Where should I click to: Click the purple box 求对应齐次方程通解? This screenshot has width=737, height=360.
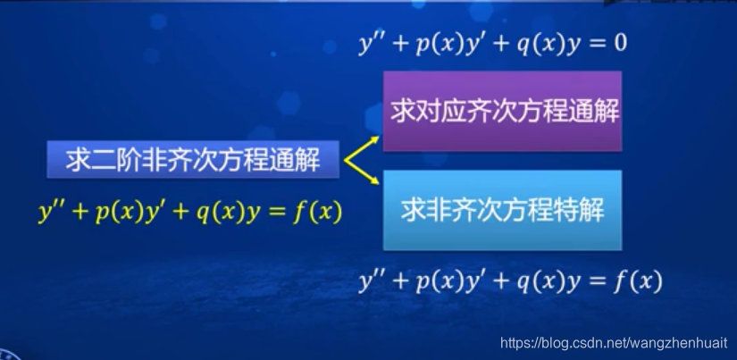tap(502, 112)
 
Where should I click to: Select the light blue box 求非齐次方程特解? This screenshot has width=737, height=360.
tap(502, 210)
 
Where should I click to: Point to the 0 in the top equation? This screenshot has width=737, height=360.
tap(617, 43)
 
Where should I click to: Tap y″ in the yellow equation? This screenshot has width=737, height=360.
tap(52, 213)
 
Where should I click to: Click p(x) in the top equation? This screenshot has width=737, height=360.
tap(436, 43)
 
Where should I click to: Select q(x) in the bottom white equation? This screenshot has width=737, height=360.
tap(543, 282)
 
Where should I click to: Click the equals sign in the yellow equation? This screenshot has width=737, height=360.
tap(280, 213)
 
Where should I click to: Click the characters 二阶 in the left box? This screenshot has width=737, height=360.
tap(108, 161)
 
